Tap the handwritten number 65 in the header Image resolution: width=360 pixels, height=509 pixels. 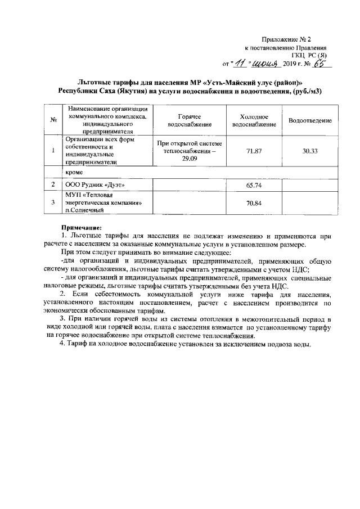(319, 64)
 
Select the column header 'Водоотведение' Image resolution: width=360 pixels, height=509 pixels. (309, 121)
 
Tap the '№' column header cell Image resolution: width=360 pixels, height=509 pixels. (52, 120)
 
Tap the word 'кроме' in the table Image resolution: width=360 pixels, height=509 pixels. (74, 172)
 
